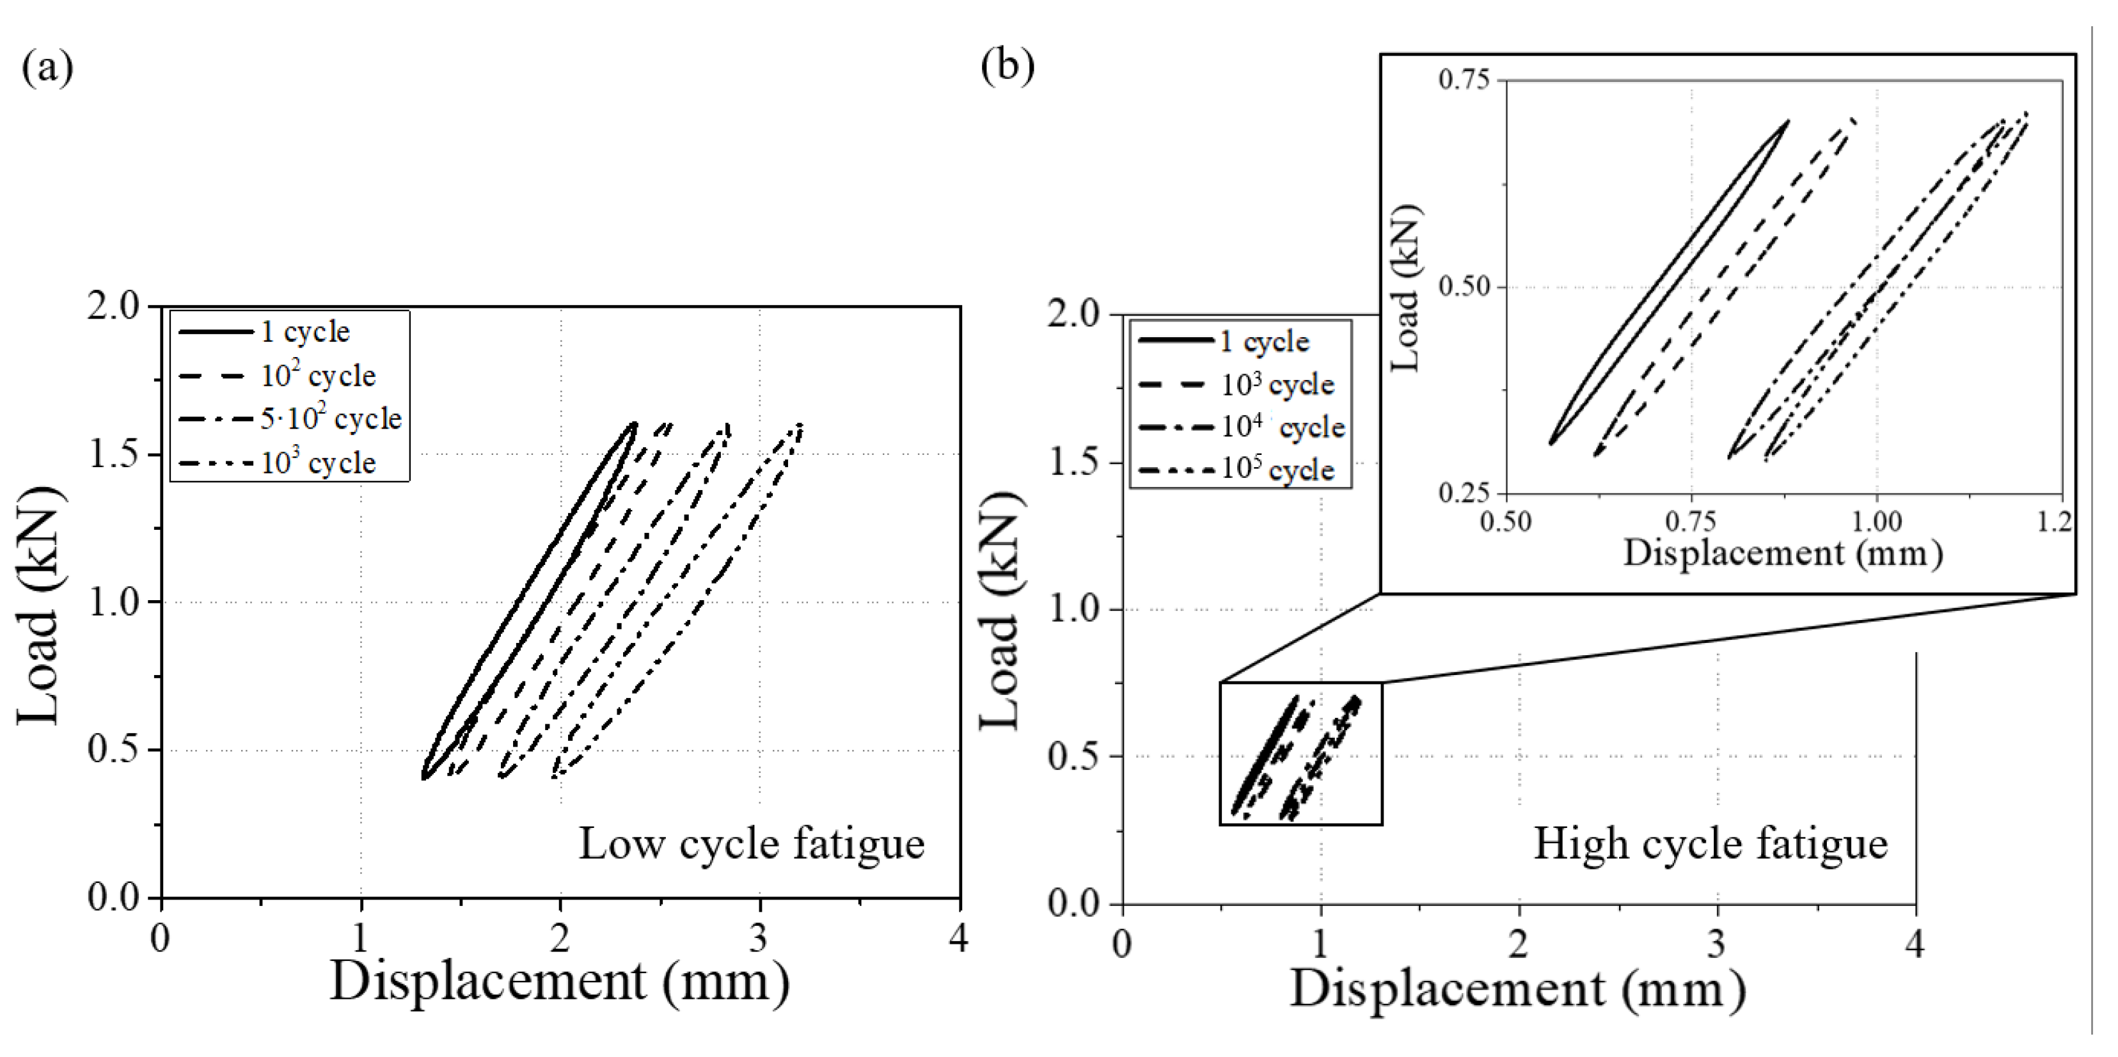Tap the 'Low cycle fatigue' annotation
pyautogui.click(x=752, y=844)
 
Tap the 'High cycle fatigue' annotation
pyautogui.click(x=1710, y=844)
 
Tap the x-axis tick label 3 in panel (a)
pyautogui.click(x=759, y=939)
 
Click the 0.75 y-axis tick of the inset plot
pyautogui.click(x=1464, y=80)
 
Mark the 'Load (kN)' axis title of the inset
pyautogui.click(x=1404, y=288)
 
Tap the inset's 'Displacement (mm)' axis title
pyautogui.click(x=1783, y=553)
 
